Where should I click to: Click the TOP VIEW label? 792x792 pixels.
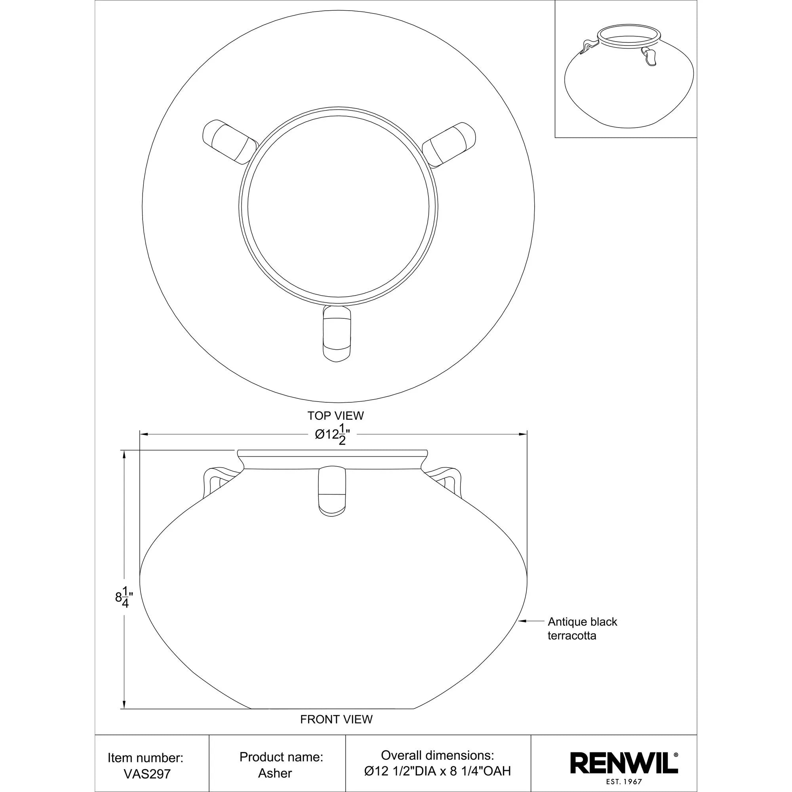(336, 416)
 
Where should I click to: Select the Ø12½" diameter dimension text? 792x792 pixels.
(333, 434)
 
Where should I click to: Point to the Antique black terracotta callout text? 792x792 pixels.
(582, 628)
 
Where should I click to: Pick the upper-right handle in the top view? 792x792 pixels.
(449, 145)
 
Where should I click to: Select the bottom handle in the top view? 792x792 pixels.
(337, 333)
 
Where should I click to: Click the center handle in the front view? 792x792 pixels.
(333, 490)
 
